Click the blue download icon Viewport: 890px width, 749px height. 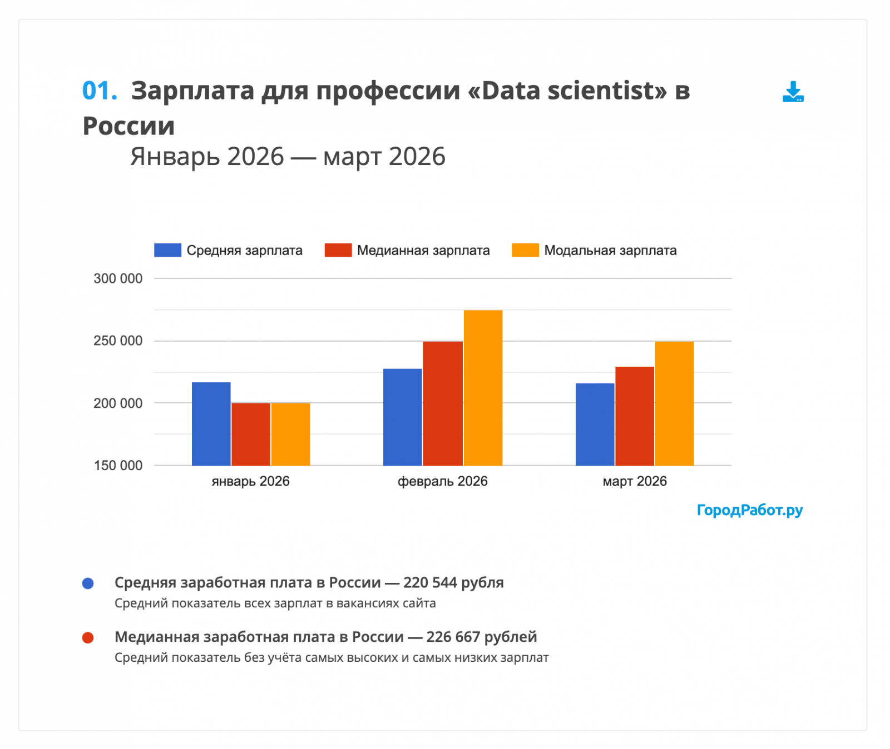(x=793, y=92)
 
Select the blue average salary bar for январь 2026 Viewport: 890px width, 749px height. (x=211, y=423)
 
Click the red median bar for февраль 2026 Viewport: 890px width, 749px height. (x=443, y=403)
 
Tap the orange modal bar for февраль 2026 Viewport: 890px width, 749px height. (x=483, y=388)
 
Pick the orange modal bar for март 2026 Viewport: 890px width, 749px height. (x=674, y=403)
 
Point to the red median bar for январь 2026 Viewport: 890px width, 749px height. (x=251, y=434)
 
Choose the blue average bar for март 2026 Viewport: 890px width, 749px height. (x=595, y=424)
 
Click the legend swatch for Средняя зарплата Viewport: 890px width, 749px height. (x=167, y=251)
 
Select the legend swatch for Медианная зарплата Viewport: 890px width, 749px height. (x=338, y=251)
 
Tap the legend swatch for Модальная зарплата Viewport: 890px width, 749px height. (x=525, y=251)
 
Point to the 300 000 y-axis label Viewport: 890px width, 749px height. (x=118, y=279)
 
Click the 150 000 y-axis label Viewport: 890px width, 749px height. (x=118, y=466)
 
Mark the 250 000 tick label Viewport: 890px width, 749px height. (x=118, y=341)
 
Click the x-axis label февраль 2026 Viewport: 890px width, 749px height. (x=442, y=481)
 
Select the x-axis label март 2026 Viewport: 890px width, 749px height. (x=635, y=481)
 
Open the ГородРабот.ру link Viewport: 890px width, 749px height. (x=749, y=510)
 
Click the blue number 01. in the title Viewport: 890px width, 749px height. (x=100, y=91)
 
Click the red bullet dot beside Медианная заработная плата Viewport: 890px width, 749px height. (x=88, y=638)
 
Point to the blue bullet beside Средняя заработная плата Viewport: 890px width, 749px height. (x=88, y=583)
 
